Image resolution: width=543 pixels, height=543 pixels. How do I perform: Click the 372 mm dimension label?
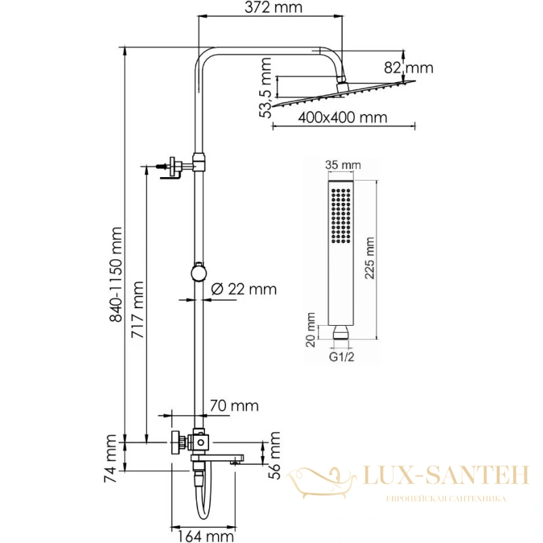point(274,7)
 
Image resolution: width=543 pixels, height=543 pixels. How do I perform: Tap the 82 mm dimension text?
point(409,68)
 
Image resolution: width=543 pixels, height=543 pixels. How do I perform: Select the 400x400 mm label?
point(343,117)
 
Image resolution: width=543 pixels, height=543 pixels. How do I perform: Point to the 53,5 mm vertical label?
point(265,88)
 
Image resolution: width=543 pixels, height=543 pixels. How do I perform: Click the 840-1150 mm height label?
point(115,275)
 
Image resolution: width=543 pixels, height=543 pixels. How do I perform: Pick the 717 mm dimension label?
point(137,310)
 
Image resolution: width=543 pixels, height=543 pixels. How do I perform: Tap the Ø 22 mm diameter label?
point(244,289)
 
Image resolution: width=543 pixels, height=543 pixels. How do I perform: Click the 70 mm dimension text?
point(234,406)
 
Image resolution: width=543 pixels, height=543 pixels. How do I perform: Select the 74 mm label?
point(111,459)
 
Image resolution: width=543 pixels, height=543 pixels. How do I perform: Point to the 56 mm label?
point(275,455)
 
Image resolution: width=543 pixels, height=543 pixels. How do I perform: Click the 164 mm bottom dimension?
point(206,536)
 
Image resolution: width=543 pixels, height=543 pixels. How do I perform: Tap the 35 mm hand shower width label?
point(343,165)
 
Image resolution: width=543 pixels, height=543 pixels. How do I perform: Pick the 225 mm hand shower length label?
point(370,258)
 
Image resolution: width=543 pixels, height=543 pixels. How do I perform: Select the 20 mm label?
point(311,330)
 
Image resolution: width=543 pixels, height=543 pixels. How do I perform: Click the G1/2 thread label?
point(342,357)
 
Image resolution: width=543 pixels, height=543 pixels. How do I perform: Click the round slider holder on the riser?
point(199,272)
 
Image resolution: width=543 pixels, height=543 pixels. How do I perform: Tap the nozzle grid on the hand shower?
point(341,215)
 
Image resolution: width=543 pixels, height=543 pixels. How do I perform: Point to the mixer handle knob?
point(177,443)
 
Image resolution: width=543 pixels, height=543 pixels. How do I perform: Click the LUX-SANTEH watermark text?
point(446,475)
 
